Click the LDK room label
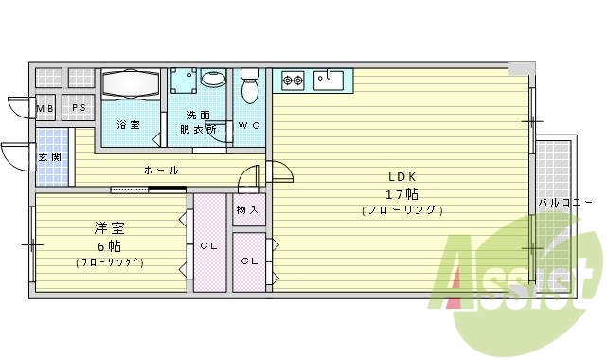401,176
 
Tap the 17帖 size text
401,193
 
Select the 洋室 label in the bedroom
110,228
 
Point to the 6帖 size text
110,244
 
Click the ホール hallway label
161,171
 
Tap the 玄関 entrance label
45,156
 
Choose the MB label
45,108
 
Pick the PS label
79,108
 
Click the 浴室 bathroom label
128,125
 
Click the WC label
249,125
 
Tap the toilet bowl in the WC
250,89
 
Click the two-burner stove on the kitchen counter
292,81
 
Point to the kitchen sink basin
329,80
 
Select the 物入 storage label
248,209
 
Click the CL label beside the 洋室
209,246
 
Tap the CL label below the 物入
249,261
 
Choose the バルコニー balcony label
565,203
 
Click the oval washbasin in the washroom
214,80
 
